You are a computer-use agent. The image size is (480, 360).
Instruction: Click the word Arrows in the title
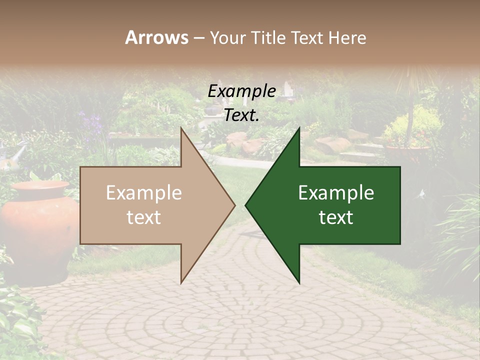(156, 37)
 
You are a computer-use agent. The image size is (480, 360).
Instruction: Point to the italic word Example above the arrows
(241, 91)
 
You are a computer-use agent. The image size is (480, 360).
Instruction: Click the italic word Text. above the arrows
(241, 115)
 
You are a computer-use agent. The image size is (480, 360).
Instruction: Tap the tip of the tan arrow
(234, 205)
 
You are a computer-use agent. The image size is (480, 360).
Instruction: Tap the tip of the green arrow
(246, 205)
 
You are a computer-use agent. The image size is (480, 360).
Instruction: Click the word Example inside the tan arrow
(143, 193)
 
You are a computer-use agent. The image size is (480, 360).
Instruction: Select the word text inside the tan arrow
(143, 217)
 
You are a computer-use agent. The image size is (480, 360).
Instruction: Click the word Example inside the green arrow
(336, 193)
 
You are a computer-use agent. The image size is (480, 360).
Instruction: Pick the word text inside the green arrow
(336, 217)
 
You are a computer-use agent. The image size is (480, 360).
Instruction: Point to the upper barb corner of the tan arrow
(181, 128)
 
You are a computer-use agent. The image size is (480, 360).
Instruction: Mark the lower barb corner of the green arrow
(299, 283)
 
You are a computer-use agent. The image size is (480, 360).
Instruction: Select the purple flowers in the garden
(90, 122)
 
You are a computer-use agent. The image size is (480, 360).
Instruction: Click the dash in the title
(198, 38)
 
